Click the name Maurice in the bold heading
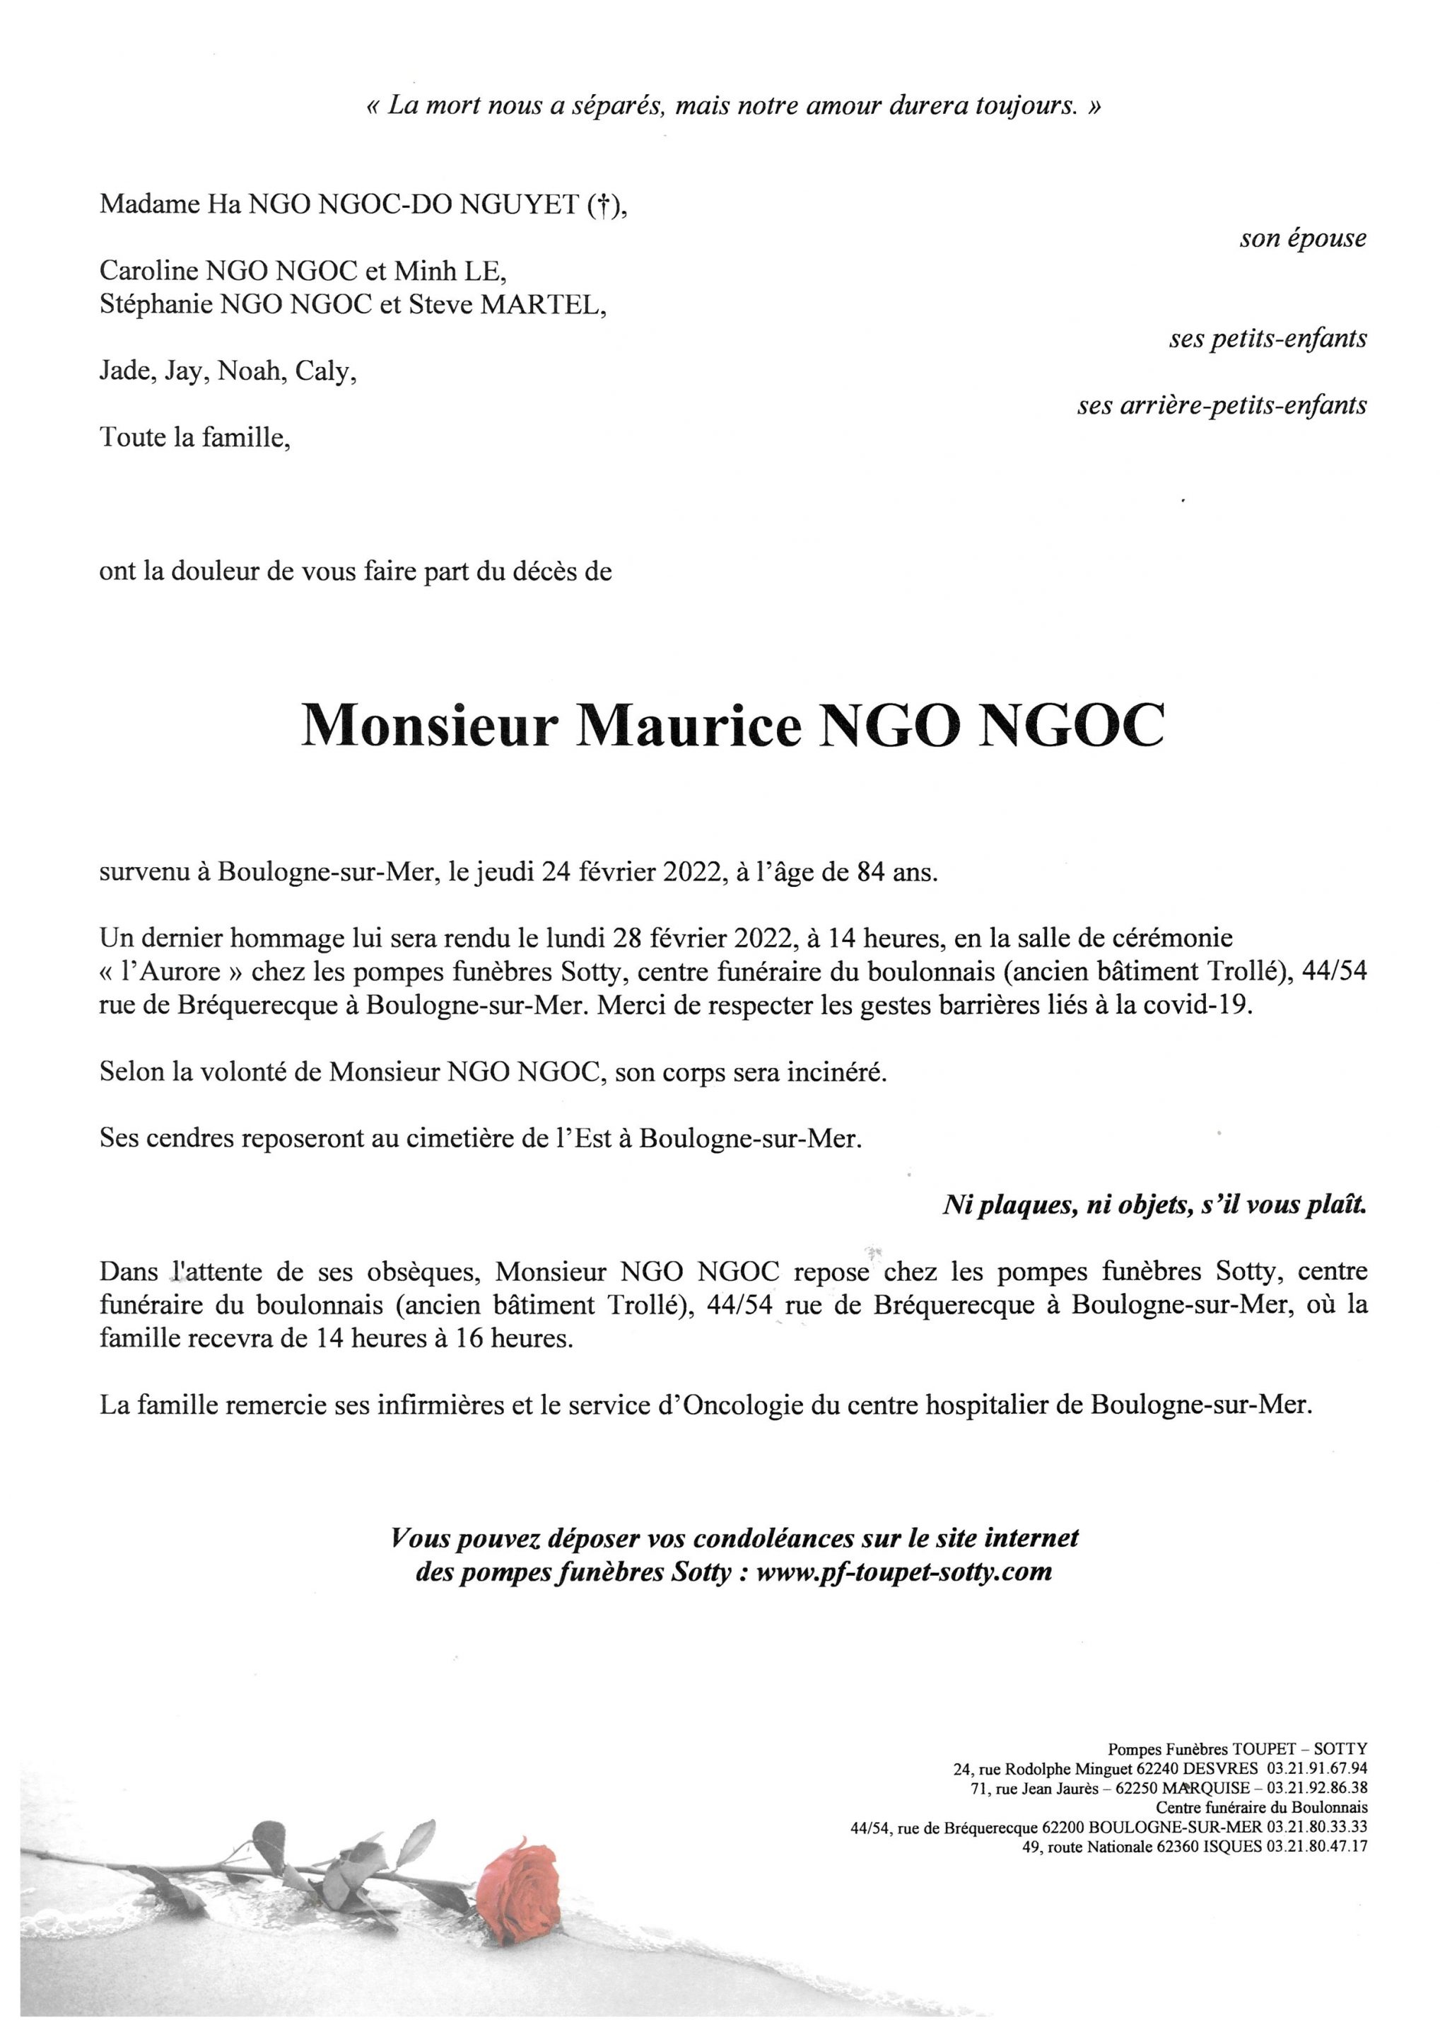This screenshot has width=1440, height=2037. click(x=687, y=726)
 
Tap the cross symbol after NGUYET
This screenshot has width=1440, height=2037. click(x=602, y=206)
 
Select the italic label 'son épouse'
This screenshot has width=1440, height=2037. click(x=1303, y=238)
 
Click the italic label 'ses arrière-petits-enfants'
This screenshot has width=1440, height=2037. click(x=1221, y=405)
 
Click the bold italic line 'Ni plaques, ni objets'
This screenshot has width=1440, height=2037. click(x=1153, y=1205)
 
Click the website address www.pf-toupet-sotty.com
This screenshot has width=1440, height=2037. click(x=904, y=1571)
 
